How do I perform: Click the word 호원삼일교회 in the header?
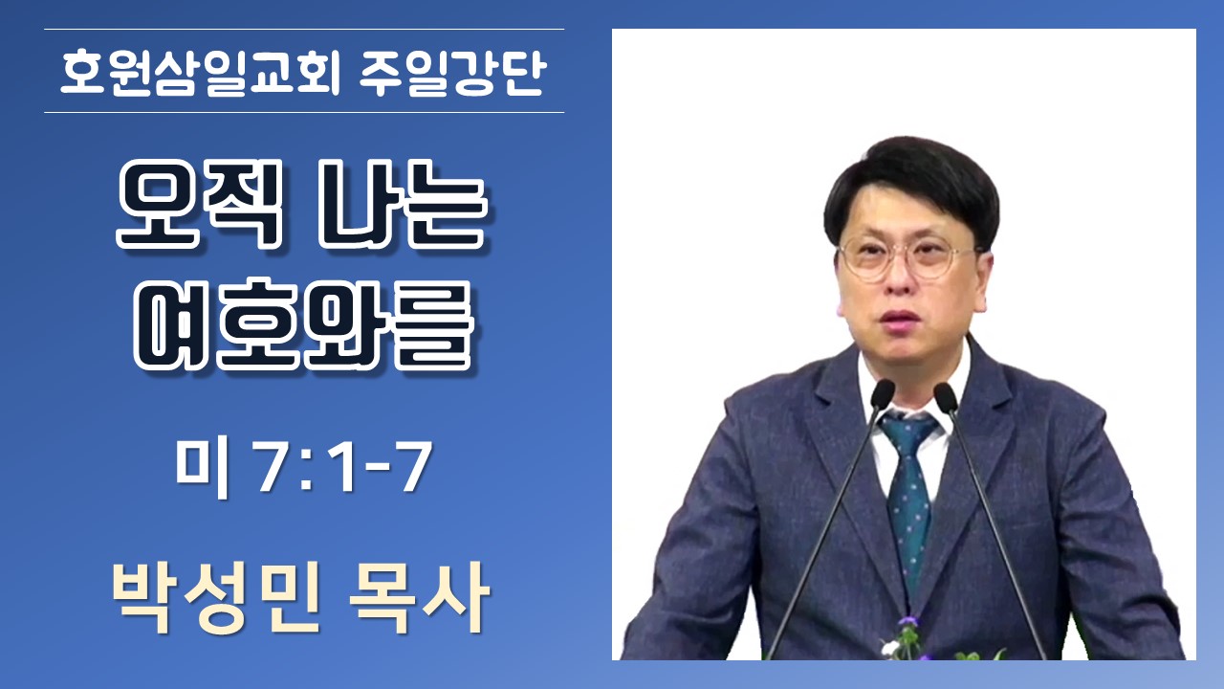tap(201, 73)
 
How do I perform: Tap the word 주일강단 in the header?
tap(452, 73)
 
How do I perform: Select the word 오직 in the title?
tap(201, 204)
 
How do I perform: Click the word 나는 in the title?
tap(404, 204)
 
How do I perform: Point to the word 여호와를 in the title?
tap(302, 325)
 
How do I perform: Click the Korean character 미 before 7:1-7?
tap(202, 469)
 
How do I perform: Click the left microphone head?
tap(882, 393)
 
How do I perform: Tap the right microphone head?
tap(946, 397)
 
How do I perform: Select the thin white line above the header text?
tap(304, 29)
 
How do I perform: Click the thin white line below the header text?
tap(304, 113)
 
